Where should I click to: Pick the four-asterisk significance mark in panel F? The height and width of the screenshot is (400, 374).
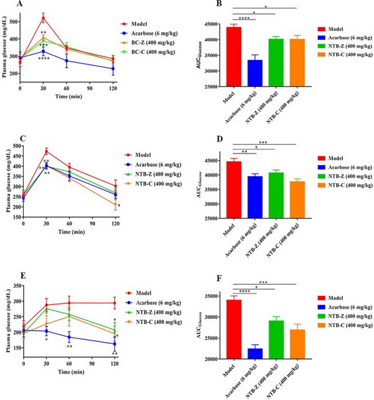click(245, 290)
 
